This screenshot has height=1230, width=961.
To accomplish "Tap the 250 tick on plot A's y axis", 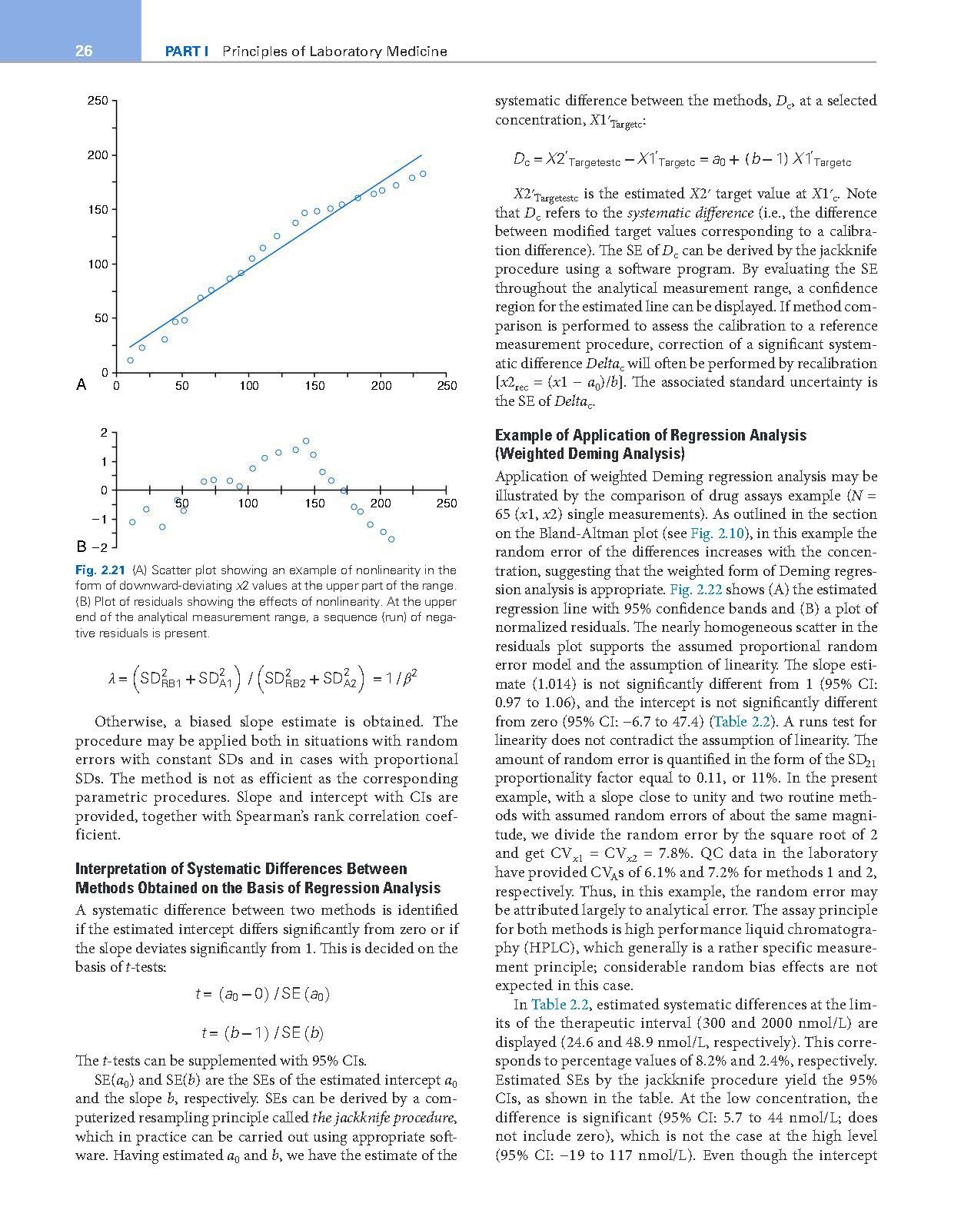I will tap(97, 101).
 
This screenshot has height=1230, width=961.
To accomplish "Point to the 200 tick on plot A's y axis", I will tap(97, 155).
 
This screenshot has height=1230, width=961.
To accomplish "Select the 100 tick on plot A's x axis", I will tap(248, 385).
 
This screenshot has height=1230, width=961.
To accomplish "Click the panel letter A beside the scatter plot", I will tap(81, 384).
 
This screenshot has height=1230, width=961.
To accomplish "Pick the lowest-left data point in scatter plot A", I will tap(130, 360).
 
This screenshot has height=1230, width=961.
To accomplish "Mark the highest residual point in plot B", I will tap(306, 440).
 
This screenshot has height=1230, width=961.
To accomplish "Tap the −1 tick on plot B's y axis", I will tap(98, 519).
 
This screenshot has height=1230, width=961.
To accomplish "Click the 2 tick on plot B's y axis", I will tap(103, 433).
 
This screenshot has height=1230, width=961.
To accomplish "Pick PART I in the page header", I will tap(188, 52).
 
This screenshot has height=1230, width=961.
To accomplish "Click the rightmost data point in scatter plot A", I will tap(423, 174).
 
